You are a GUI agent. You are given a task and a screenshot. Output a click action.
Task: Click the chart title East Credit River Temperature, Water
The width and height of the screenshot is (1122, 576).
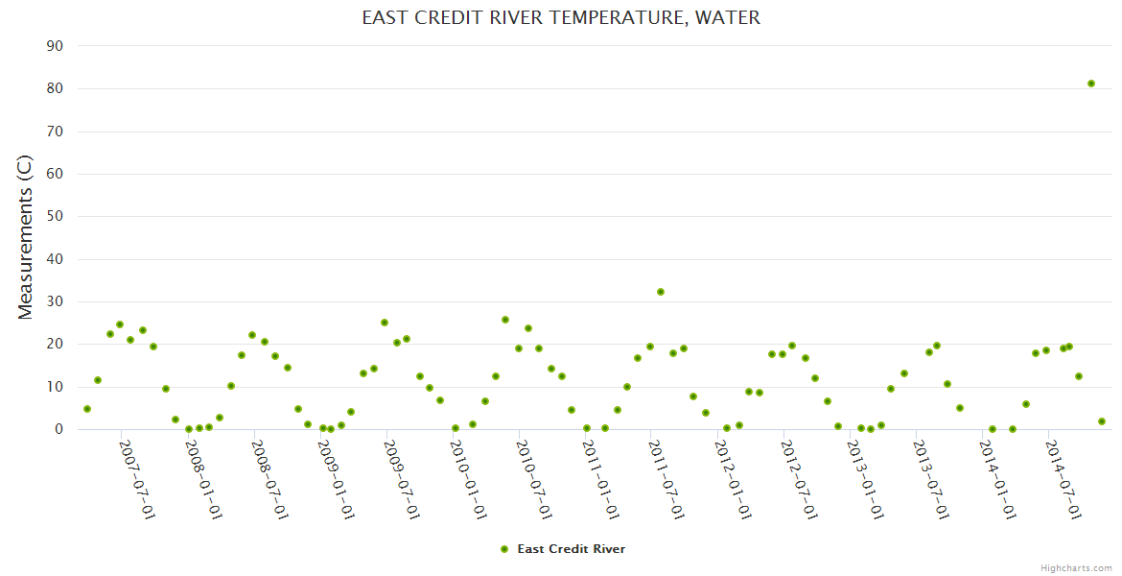point(561,17)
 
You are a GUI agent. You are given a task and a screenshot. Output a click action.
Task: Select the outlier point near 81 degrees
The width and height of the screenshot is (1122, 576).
point(1091,84)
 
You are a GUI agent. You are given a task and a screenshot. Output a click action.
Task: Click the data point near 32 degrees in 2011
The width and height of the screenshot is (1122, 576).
point(661,292)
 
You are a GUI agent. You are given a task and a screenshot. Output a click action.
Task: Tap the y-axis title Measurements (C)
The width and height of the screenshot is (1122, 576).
point(26,237)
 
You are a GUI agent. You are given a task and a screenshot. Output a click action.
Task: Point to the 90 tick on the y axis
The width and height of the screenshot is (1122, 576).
point(55,46)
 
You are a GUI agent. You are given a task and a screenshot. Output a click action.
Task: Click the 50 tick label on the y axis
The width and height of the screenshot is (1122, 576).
point(55,217)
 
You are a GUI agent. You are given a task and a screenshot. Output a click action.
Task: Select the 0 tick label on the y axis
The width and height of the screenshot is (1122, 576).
point(58,429)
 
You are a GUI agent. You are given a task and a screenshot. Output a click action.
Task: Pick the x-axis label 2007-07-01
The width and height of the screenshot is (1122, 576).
point(137,480)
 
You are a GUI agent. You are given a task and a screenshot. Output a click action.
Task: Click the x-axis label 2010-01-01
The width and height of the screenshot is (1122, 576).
point(468,480)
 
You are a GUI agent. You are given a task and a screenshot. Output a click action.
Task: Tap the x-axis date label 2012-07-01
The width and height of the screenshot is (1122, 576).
point(799,480)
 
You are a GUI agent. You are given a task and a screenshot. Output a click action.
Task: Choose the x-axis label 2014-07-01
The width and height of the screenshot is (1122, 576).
point(1064,480)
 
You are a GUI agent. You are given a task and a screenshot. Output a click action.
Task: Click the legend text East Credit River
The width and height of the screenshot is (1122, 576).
point(572,549)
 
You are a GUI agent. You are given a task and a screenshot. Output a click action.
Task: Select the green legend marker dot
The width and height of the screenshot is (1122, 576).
point(504,549)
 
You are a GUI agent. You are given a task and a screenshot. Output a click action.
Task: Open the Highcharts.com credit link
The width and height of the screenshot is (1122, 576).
point(1076,567)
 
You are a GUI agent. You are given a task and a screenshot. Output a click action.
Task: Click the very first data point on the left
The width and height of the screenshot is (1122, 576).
point(87,409)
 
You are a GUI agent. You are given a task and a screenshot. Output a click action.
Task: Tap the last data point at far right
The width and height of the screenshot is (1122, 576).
point(1102,421)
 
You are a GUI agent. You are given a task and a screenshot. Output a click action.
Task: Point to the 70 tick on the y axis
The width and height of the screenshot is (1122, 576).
point(55,132)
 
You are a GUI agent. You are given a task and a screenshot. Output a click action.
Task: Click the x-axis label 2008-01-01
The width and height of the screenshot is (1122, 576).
point(203,480)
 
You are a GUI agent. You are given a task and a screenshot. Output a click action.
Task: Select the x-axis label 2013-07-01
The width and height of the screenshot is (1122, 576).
point(931,480)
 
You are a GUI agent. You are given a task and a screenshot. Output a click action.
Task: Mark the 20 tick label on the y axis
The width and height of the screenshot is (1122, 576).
point(55,345)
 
